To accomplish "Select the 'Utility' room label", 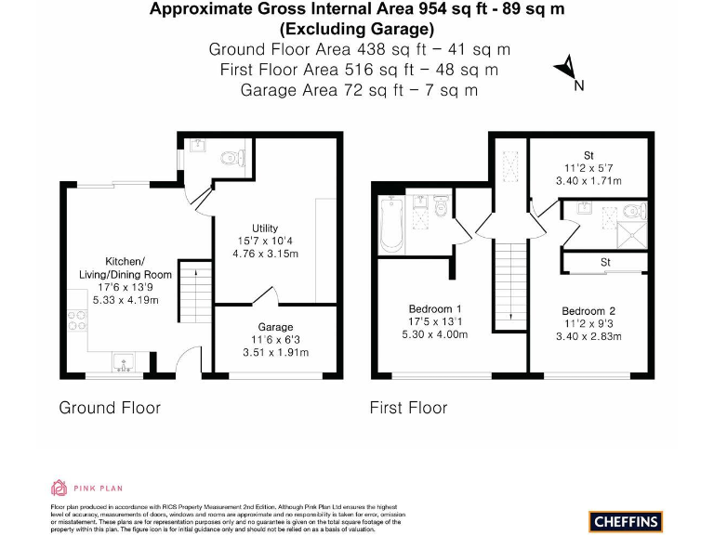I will coord(265,228).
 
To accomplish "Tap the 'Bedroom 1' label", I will coord(435,308).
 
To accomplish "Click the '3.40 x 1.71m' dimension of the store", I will coord(588,181).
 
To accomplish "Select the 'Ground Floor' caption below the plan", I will coord(110,408).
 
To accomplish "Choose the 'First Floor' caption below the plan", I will coord(408,408).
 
